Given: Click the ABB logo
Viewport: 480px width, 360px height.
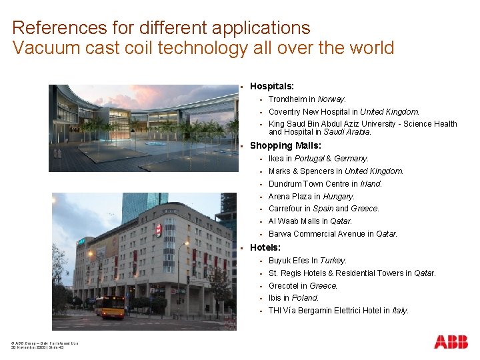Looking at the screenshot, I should coord(451,342).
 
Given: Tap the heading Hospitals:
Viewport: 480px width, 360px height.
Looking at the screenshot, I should coord(272,86).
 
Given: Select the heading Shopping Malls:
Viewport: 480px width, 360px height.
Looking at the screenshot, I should coord(285,145).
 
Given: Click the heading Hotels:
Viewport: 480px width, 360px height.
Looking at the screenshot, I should coord(265,247).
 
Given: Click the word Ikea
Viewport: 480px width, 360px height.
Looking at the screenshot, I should coord(276,159).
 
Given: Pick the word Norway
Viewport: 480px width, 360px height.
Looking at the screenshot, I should coord(331,99).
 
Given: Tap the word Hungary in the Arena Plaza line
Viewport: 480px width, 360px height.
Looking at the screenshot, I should coord(339,197).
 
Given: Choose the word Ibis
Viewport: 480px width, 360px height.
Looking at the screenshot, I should coord(275,298).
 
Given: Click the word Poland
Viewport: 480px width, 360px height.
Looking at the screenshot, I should coord(305,298).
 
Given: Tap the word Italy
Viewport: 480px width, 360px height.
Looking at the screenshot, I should coord(400,311).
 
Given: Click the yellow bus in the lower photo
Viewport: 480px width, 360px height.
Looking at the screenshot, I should coord(110,307).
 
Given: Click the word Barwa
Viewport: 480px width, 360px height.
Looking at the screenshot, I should coord(281,234).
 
